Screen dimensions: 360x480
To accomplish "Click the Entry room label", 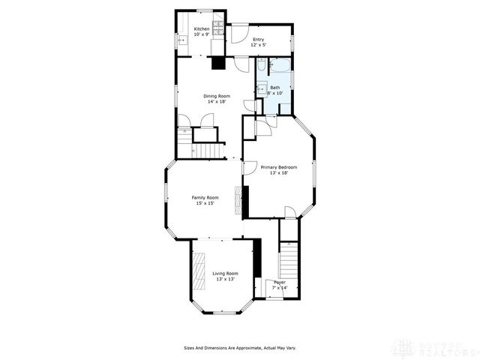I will pos(258,39).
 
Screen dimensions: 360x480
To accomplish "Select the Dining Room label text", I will pos(217,96).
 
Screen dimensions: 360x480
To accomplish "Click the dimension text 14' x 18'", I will pos(217,102).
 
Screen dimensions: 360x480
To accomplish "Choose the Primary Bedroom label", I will pos(278,167).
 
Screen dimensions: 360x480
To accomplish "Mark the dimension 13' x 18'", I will pos(279,173).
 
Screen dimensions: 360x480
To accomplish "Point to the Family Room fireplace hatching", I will pos(239,201).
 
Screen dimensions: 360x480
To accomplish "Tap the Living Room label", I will pos(225,273).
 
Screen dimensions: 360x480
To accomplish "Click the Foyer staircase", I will pos(289,262).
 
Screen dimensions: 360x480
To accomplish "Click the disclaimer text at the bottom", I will pos(240,347).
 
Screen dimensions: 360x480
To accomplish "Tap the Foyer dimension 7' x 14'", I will pos(279,288).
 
